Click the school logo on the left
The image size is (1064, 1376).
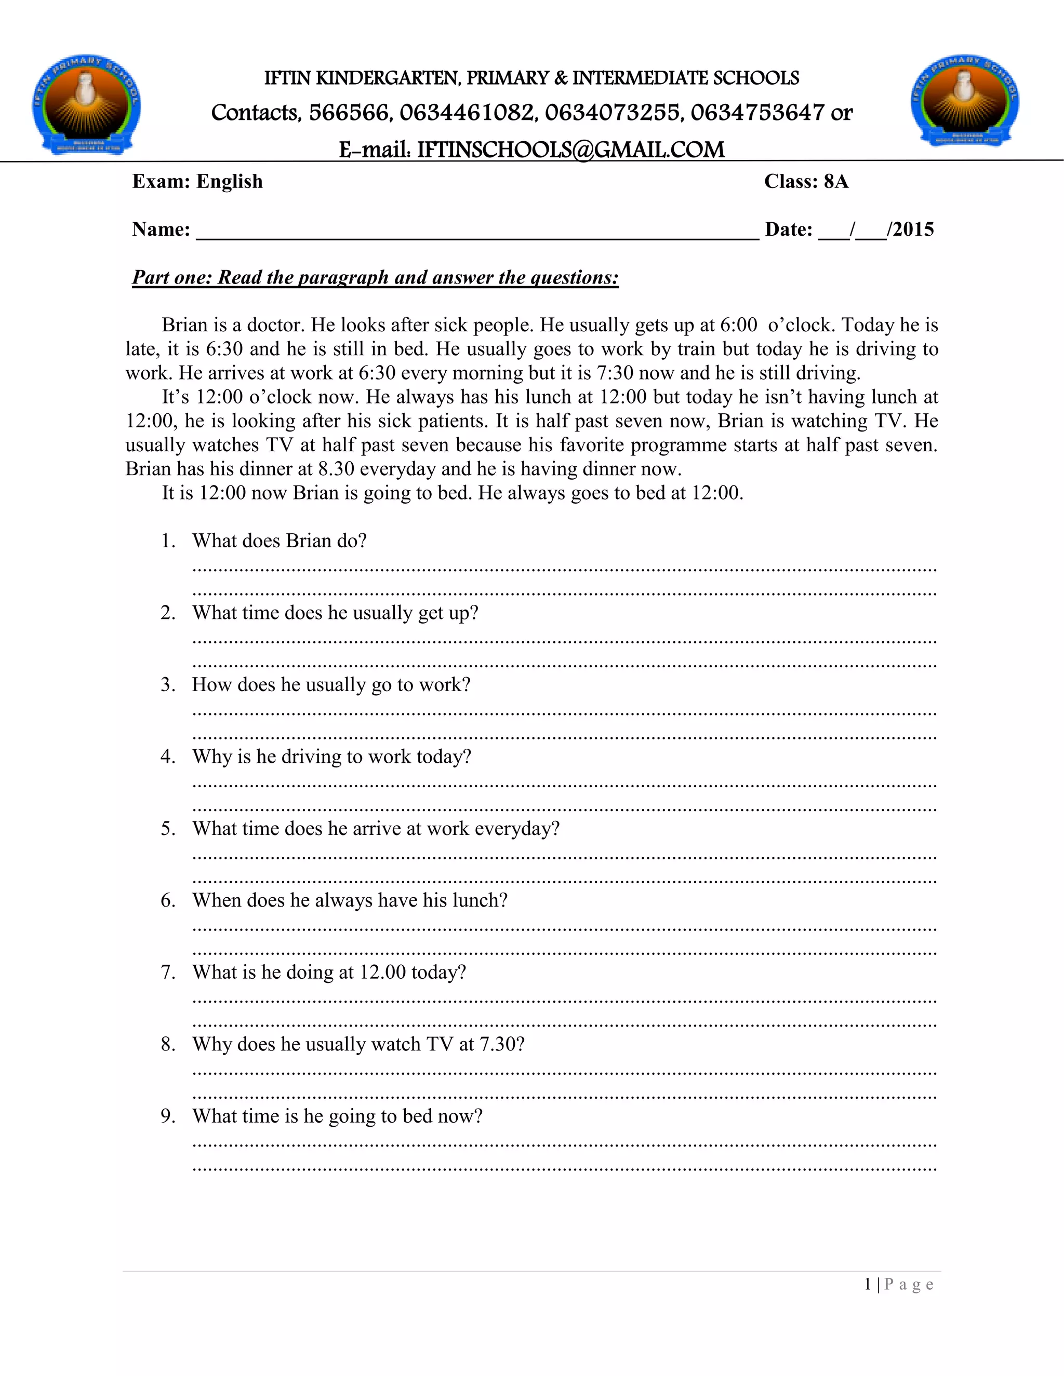click(86, 104)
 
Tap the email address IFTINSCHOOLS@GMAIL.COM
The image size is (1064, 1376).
click(570, 150)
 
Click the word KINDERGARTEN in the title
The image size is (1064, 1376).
click(388, 78)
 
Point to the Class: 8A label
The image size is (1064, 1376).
click(806, 181)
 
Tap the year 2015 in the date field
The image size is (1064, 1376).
click(913, 230)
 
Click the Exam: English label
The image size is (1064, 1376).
click(197, 181)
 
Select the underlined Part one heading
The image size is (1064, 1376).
click(375, 278)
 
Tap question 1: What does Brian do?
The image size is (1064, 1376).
click(279, 541)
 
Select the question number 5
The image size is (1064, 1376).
click(168, 829)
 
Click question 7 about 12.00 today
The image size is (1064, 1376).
click(329, 972)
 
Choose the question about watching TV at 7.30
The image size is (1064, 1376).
click(358, 1044)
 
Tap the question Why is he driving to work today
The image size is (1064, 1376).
click(331, 757)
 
